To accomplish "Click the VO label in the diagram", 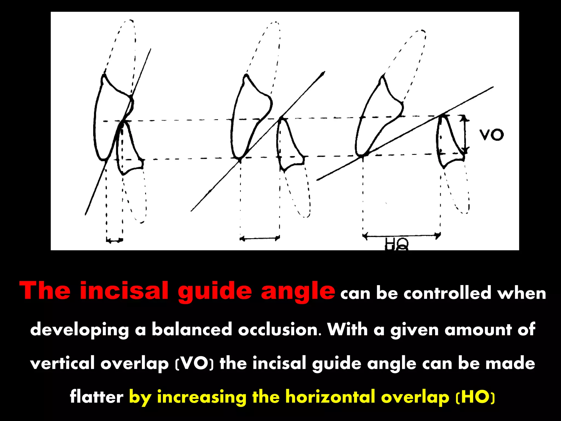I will pos(492,135).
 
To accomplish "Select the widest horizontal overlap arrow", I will pos(401,235).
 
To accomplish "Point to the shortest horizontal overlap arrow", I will pos(115,240).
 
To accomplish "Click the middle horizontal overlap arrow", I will pos(260,238).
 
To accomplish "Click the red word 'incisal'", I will pos(124,291).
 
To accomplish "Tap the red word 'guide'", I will pos(215,291).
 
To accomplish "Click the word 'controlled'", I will pos(447,293).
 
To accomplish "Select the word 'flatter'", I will pos(96,397).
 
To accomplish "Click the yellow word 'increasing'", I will pos(202,397).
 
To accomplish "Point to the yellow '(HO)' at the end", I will pos(475,397).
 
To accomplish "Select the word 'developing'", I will pos(79,330).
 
